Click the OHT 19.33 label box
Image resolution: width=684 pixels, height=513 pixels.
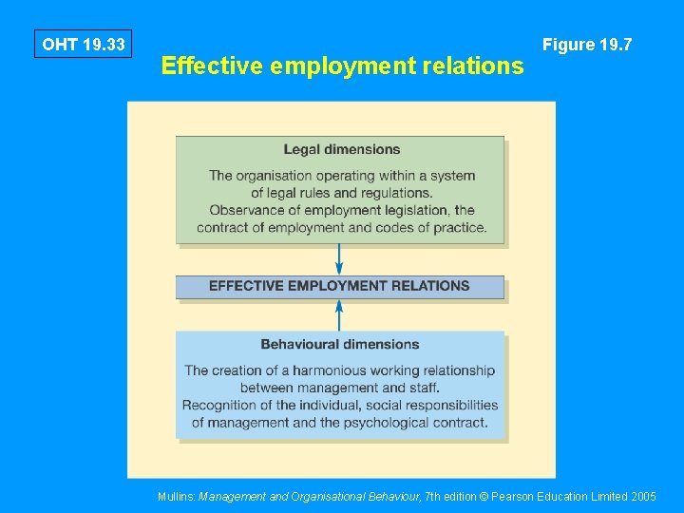84,45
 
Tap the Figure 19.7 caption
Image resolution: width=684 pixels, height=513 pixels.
586,45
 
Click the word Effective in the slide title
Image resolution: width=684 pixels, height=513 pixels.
212,66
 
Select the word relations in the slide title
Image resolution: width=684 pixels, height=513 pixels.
474,66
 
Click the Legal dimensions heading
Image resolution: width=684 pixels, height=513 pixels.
341,149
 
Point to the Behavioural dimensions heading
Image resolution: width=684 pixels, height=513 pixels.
340,344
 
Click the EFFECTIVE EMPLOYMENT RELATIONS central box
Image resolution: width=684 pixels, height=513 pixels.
339,286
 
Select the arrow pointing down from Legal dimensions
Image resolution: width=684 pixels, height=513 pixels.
339,259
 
